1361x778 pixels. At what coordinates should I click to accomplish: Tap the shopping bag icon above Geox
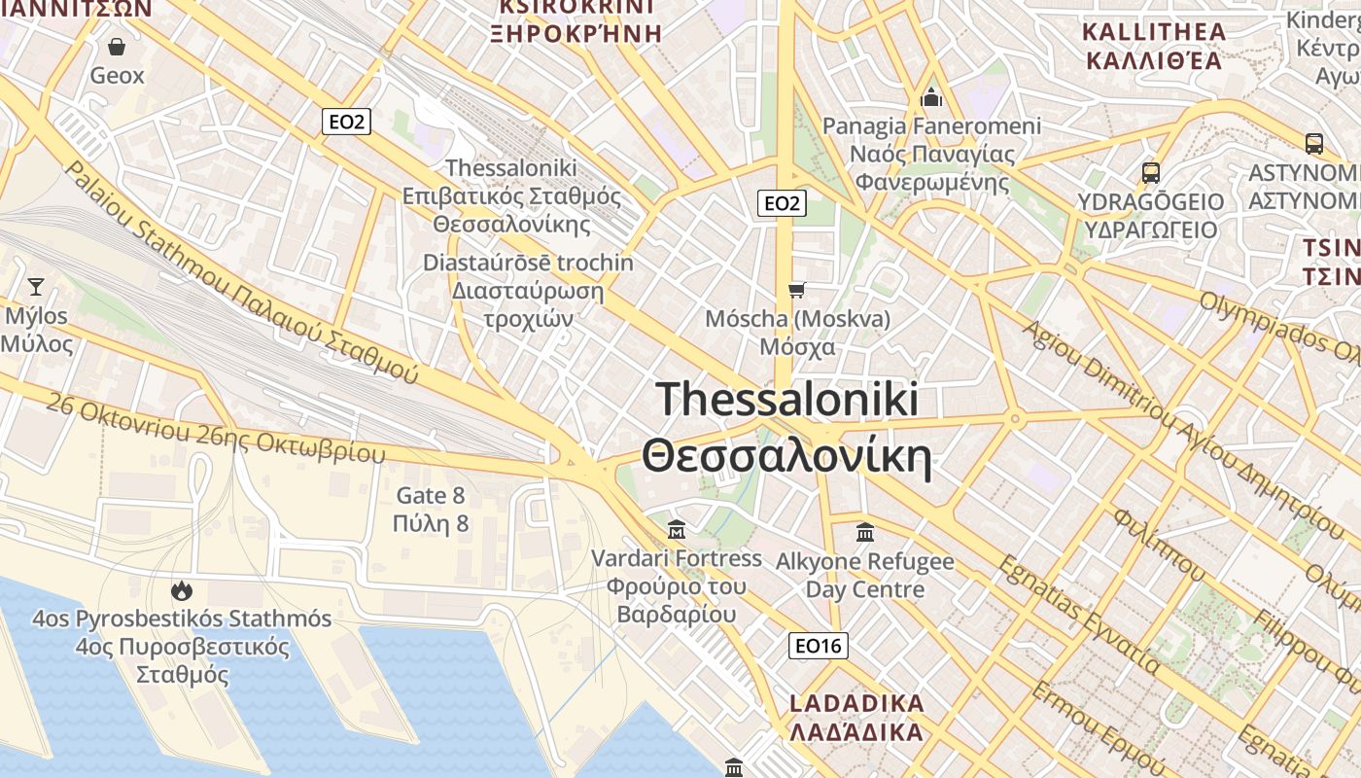[x=117, y=47]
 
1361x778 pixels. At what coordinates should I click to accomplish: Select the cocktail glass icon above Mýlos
[x=36, y=286]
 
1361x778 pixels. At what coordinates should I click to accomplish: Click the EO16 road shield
[x=820, y=646]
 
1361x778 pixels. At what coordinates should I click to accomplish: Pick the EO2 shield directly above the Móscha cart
[x=782, y=203]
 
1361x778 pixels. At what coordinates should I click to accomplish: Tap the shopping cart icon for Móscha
[x=797, y=290]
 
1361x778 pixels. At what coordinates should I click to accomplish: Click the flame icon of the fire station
[x=181, y=590]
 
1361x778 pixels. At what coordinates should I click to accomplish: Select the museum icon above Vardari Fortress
[x=677, y=530]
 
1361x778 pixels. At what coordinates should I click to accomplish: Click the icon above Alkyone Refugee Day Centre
[x=864, y=532]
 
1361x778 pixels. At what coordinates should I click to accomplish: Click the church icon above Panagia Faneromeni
[x=931, y=97]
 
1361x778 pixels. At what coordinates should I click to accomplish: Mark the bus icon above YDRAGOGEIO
[x=1151, y=173]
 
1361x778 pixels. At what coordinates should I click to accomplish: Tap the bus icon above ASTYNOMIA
[x=1314, y=144]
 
